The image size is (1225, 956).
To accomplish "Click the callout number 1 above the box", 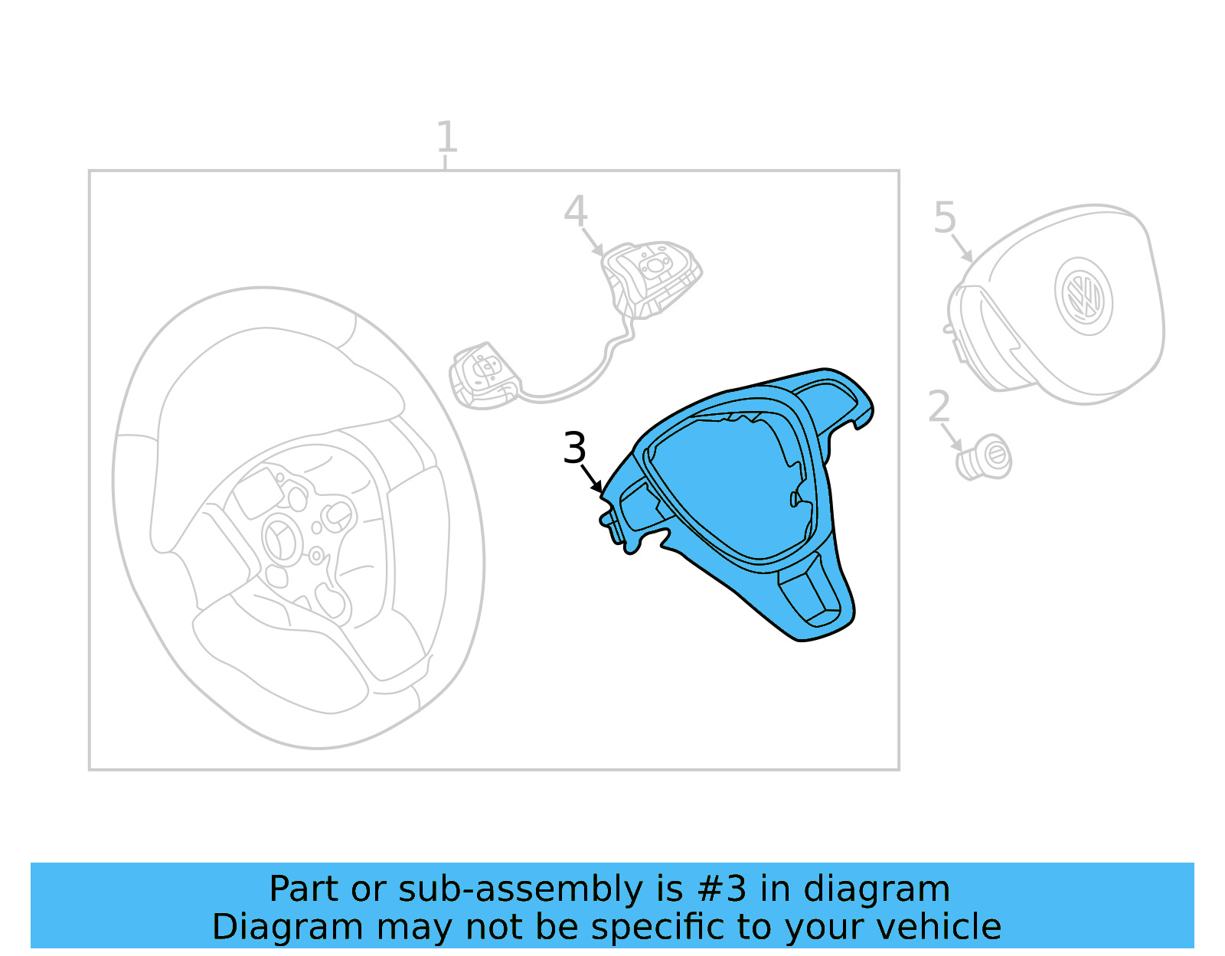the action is pyautogui.click(x=447, y=136).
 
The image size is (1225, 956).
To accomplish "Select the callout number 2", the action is pyautogui.click(x=939, y=406).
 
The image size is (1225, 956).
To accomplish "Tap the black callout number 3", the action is pyautogui.click(x=574, y=449).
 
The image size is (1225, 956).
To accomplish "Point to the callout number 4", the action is pyautogui.click(x=576, y=211).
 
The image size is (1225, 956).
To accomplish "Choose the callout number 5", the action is pyautogui.click(x=945, y=217).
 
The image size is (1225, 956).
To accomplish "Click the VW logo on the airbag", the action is pyautogui.click(x=1083, y=296).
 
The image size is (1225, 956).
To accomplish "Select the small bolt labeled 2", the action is pyautogui.click(x=985, y=458).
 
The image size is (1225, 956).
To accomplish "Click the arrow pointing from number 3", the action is pyautogui.click(x=591, y=478).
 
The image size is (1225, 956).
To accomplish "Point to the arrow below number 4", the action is pyautogui.click(x=593, y=242).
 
